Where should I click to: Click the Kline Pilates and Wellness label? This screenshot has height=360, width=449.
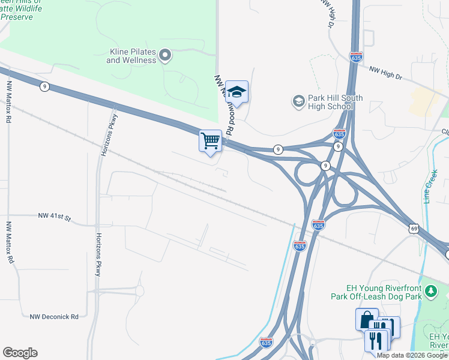tap(131, 56)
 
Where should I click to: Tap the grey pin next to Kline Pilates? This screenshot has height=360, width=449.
tap(166, 56)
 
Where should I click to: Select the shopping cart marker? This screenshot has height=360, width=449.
tap(210, 142)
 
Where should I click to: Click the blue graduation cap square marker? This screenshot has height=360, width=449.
tap(237, 92)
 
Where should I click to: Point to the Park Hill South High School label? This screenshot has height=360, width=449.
tap(328, 102)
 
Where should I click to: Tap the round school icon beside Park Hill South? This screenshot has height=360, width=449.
tap(298, 101)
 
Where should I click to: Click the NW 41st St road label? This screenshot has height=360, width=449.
tap(54, 215)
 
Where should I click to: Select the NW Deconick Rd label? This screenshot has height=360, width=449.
tap(54, 316)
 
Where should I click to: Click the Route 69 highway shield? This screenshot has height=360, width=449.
tap(414, 229)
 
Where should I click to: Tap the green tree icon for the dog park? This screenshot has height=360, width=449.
tap(430, 292)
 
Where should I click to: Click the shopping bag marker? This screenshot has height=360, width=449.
tap(366, 319)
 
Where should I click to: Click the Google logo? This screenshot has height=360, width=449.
tap(20, 353)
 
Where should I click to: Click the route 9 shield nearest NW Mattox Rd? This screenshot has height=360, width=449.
tap(44, 86)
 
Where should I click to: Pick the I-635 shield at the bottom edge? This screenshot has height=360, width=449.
tap(267, 342)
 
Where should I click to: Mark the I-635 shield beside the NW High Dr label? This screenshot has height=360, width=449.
tap(356, 58)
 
